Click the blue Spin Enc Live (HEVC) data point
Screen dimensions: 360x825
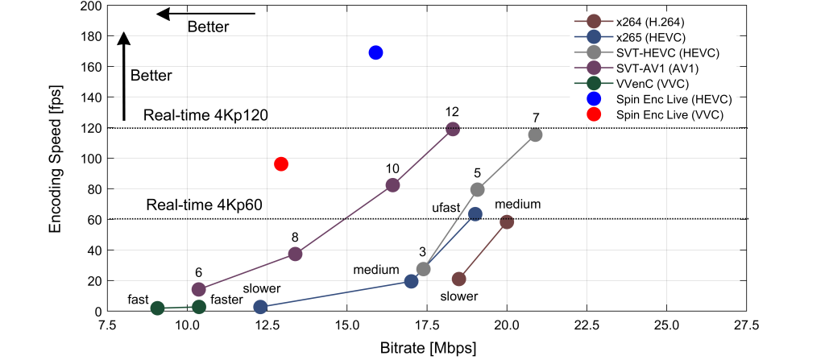[375, 52]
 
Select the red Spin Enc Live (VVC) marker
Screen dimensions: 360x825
[281, 163]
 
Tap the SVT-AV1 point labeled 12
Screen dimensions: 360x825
[453, 129]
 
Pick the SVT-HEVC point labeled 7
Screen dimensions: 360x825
[535, 134]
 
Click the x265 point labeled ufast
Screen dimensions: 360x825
[475, 214]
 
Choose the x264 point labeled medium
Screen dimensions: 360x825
[507, 221]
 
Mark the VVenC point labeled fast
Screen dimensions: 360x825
[158, 308]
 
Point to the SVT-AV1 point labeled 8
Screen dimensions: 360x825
[295, 254]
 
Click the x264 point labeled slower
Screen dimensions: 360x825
[458, 279]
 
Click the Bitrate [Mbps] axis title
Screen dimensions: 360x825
[428, 348]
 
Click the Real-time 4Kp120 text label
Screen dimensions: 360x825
[205, 116]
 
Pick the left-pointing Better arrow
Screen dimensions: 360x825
[205, 14]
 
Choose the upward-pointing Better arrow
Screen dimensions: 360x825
[123, 77]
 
